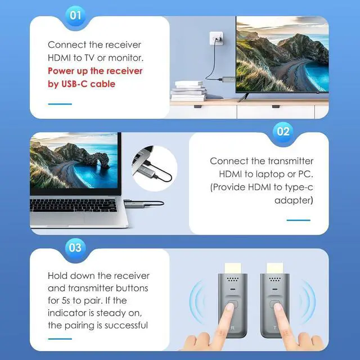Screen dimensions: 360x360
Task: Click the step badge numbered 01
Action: [x=75, y=15]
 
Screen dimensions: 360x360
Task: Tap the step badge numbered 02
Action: [x=283, y=132]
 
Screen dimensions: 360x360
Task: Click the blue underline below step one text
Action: [x=60, y=103]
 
